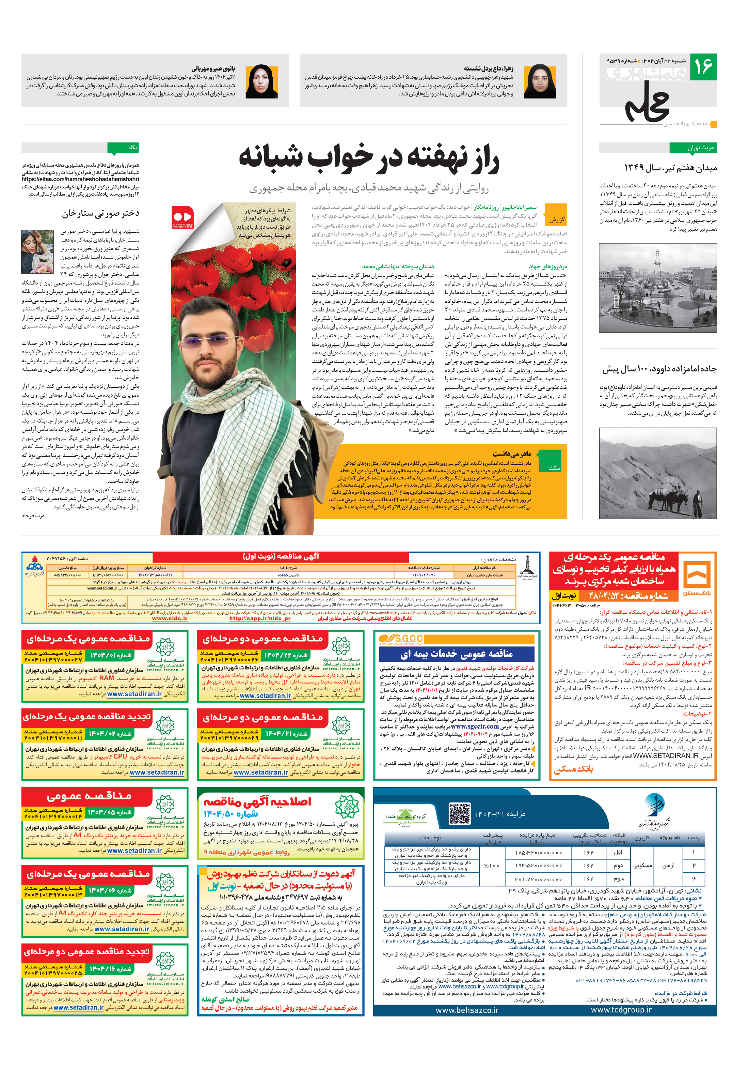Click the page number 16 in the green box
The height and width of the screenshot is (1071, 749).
coord(703,66)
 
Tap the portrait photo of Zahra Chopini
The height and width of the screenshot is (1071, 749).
coord(540,81)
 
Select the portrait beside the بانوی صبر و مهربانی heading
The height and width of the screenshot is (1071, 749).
coord(262,81)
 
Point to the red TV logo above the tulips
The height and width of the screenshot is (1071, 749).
coord(182,217)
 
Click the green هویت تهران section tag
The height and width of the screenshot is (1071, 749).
coord(692,148)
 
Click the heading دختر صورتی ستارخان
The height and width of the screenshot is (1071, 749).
coord(101,213)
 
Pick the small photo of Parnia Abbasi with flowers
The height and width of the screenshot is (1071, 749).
coord(37,248)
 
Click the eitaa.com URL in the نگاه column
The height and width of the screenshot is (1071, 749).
coord(80,179)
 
